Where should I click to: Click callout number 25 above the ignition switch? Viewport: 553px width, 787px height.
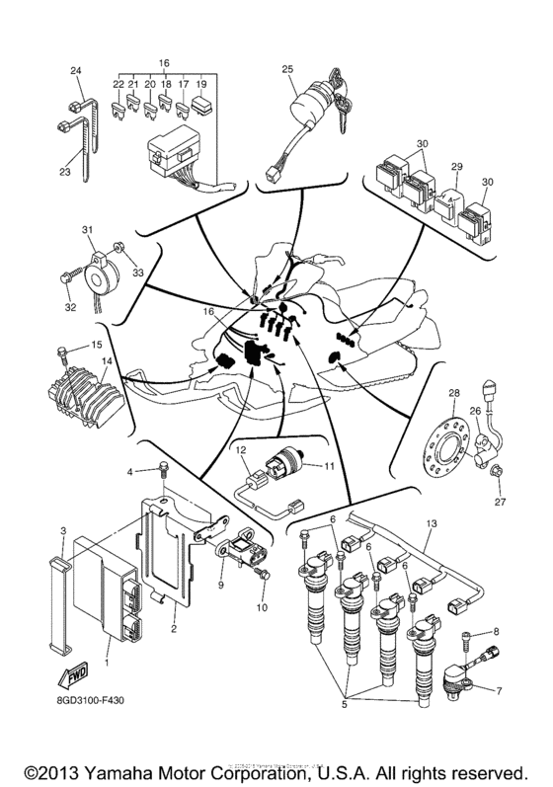[x=287, y=68]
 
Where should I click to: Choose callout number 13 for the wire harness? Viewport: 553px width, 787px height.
[x=430, y=523]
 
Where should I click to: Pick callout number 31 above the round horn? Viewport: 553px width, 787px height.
[x=87, y=230]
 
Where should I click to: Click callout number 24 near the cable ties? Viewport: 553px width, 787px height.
[x=76, y=69]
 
